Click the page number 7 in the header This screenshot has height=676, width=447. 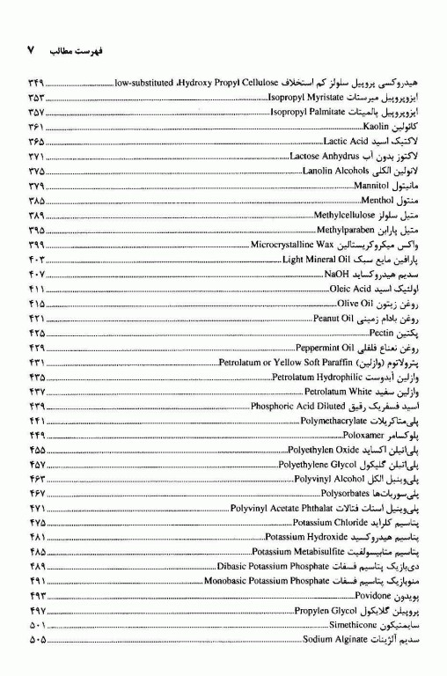pyautogui.click(x=30, y=51)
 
